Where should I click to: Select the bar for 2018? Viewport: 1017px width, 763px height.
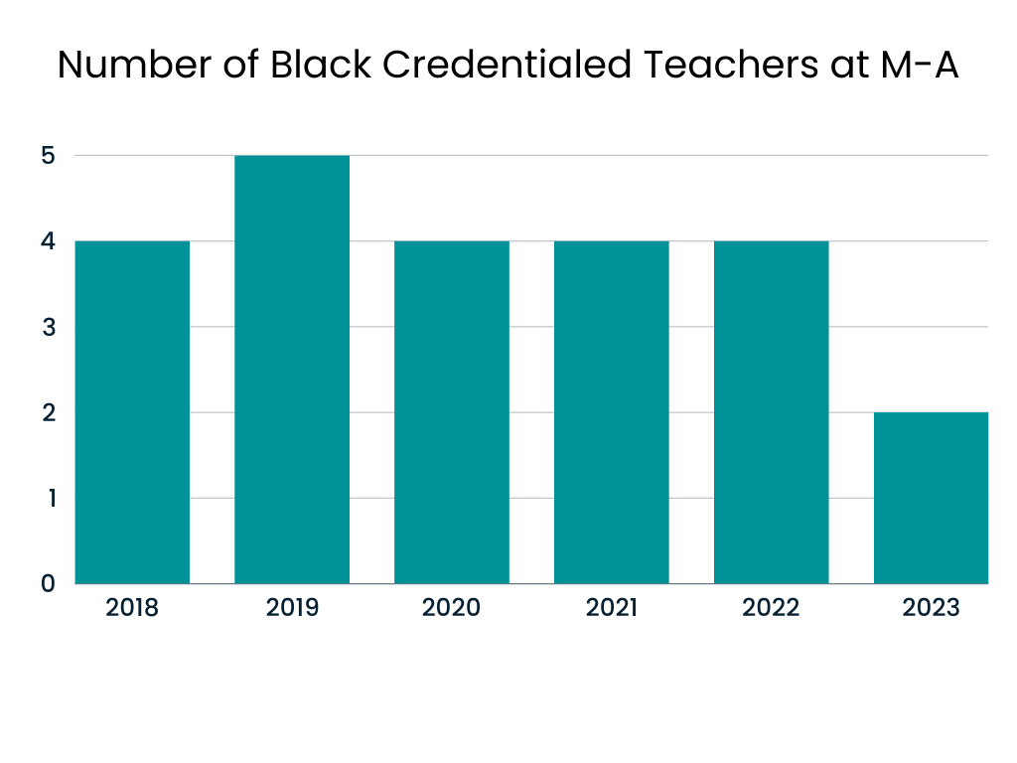point(132,411)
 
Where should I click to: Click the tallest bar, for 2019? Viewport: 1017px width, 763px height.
point(292,369)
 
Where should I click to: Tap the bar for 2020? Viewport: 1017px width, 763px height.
point(452,411)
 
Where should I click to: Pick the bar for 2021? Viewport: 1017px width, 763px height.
point(612,411)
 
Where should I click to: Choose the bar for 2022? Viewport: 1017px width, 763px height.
point(772,411)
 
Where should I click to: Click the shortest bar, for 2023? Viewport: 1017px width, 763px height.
point(932,497)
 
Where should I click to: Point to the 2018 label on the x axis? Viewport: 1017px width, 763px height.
point(132,608)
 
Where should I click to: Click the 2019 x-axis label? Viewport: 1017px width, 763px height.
point(292,608)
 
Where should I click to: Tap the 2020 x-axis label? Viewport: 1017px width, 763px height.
point(452,608)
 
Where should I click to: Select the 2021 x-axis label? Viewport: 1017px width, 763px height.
point(612,608)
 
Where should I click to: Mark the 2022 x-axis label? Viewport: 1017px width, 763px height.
point(772,608)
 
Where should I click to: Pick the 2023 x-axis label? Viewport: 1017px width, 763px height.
point(932,608)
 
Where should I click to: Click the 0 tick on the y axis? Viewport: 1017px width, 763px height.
point(48,583)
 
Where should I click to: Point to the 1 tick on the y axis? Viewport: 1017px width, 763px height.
point(48,498)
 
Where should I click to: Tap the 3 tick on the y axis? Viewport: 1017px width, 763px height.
point(48,327)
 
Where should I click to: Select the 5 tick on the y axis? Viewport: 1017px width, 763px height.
point(48,156)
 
